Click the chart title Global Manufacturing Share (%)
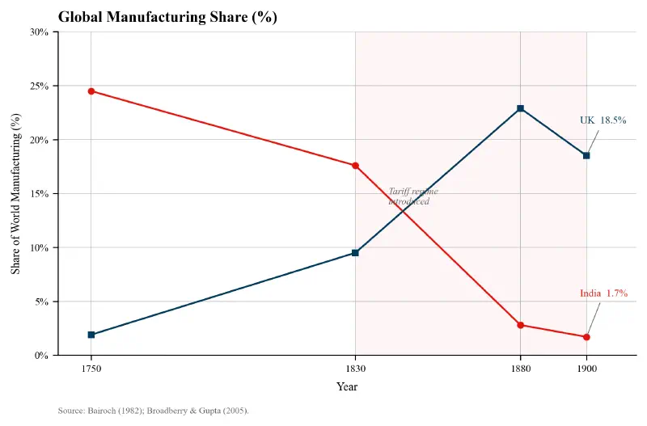(167, 17)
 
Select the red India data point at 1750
(91, 91)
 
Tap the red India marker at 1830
(355, 166)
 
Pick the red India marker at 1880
(520, 325)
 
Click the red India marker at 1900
(586, 337)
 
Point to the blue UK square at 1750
(91, 335)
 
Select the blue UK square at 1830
(355, 253)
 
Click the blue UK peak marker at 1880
(520, 108)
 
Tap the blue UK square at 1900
(586, 155)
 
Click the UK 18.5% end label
(603, 120)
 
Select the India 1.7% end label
(603, 293)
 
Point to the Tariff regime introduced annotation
(412, 196)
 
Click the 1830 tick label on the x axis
(355, 369)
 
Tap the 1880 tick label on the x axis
(520, 369)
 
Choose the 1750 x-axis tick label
(91, 369)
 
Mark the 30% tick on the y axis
(39, 32)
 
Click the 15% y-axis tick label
(39, 194)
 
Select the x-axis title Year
(347, 387)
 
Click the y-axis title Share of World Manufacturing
(16, 194)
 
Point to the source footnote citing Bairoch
(154, 411)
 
